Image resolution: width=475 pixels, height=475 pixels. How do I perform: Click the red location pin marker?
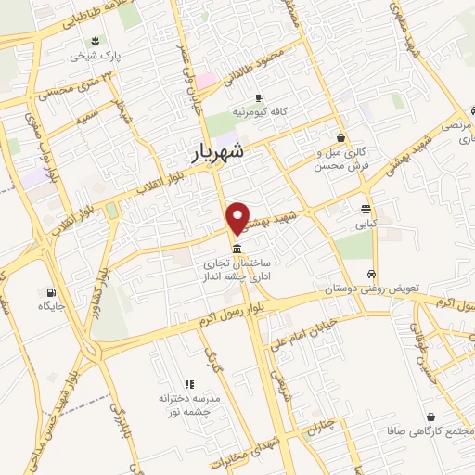coord(238,217)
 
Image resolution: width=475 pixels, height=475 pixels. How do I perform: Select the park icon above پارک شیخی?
coord(95,40)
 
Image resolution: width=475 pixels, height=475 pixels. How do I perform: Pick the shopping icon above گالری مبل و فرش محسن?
coord(341,136)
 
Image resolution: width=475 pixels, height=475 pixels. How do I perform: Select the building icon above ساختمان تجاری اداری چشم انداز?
coord(238,250)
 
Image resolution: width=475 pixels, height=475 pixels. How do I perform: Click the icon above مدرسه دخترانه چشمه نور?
coord(189,383)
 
